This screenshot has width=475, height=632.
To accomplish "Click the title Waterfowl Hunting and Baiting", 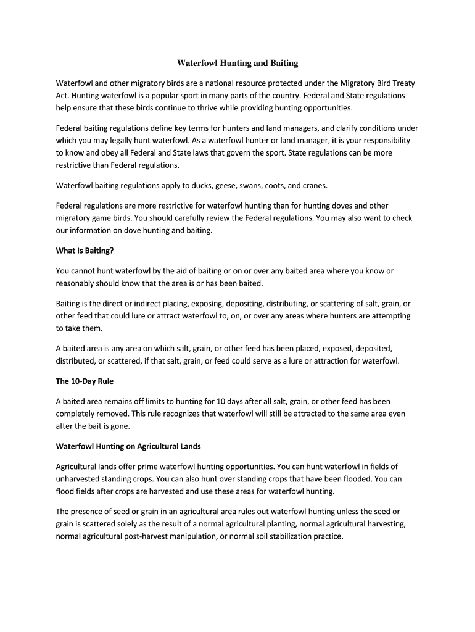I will point(238,63).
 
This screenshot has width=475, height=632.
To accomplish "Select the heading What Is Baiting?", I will point(85,251).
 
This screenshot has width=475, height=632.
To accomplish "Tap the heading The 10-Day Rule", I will point(85,381).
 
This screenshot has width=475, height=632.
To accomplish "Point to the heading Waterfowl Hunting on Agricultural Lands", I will point(128,446).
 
